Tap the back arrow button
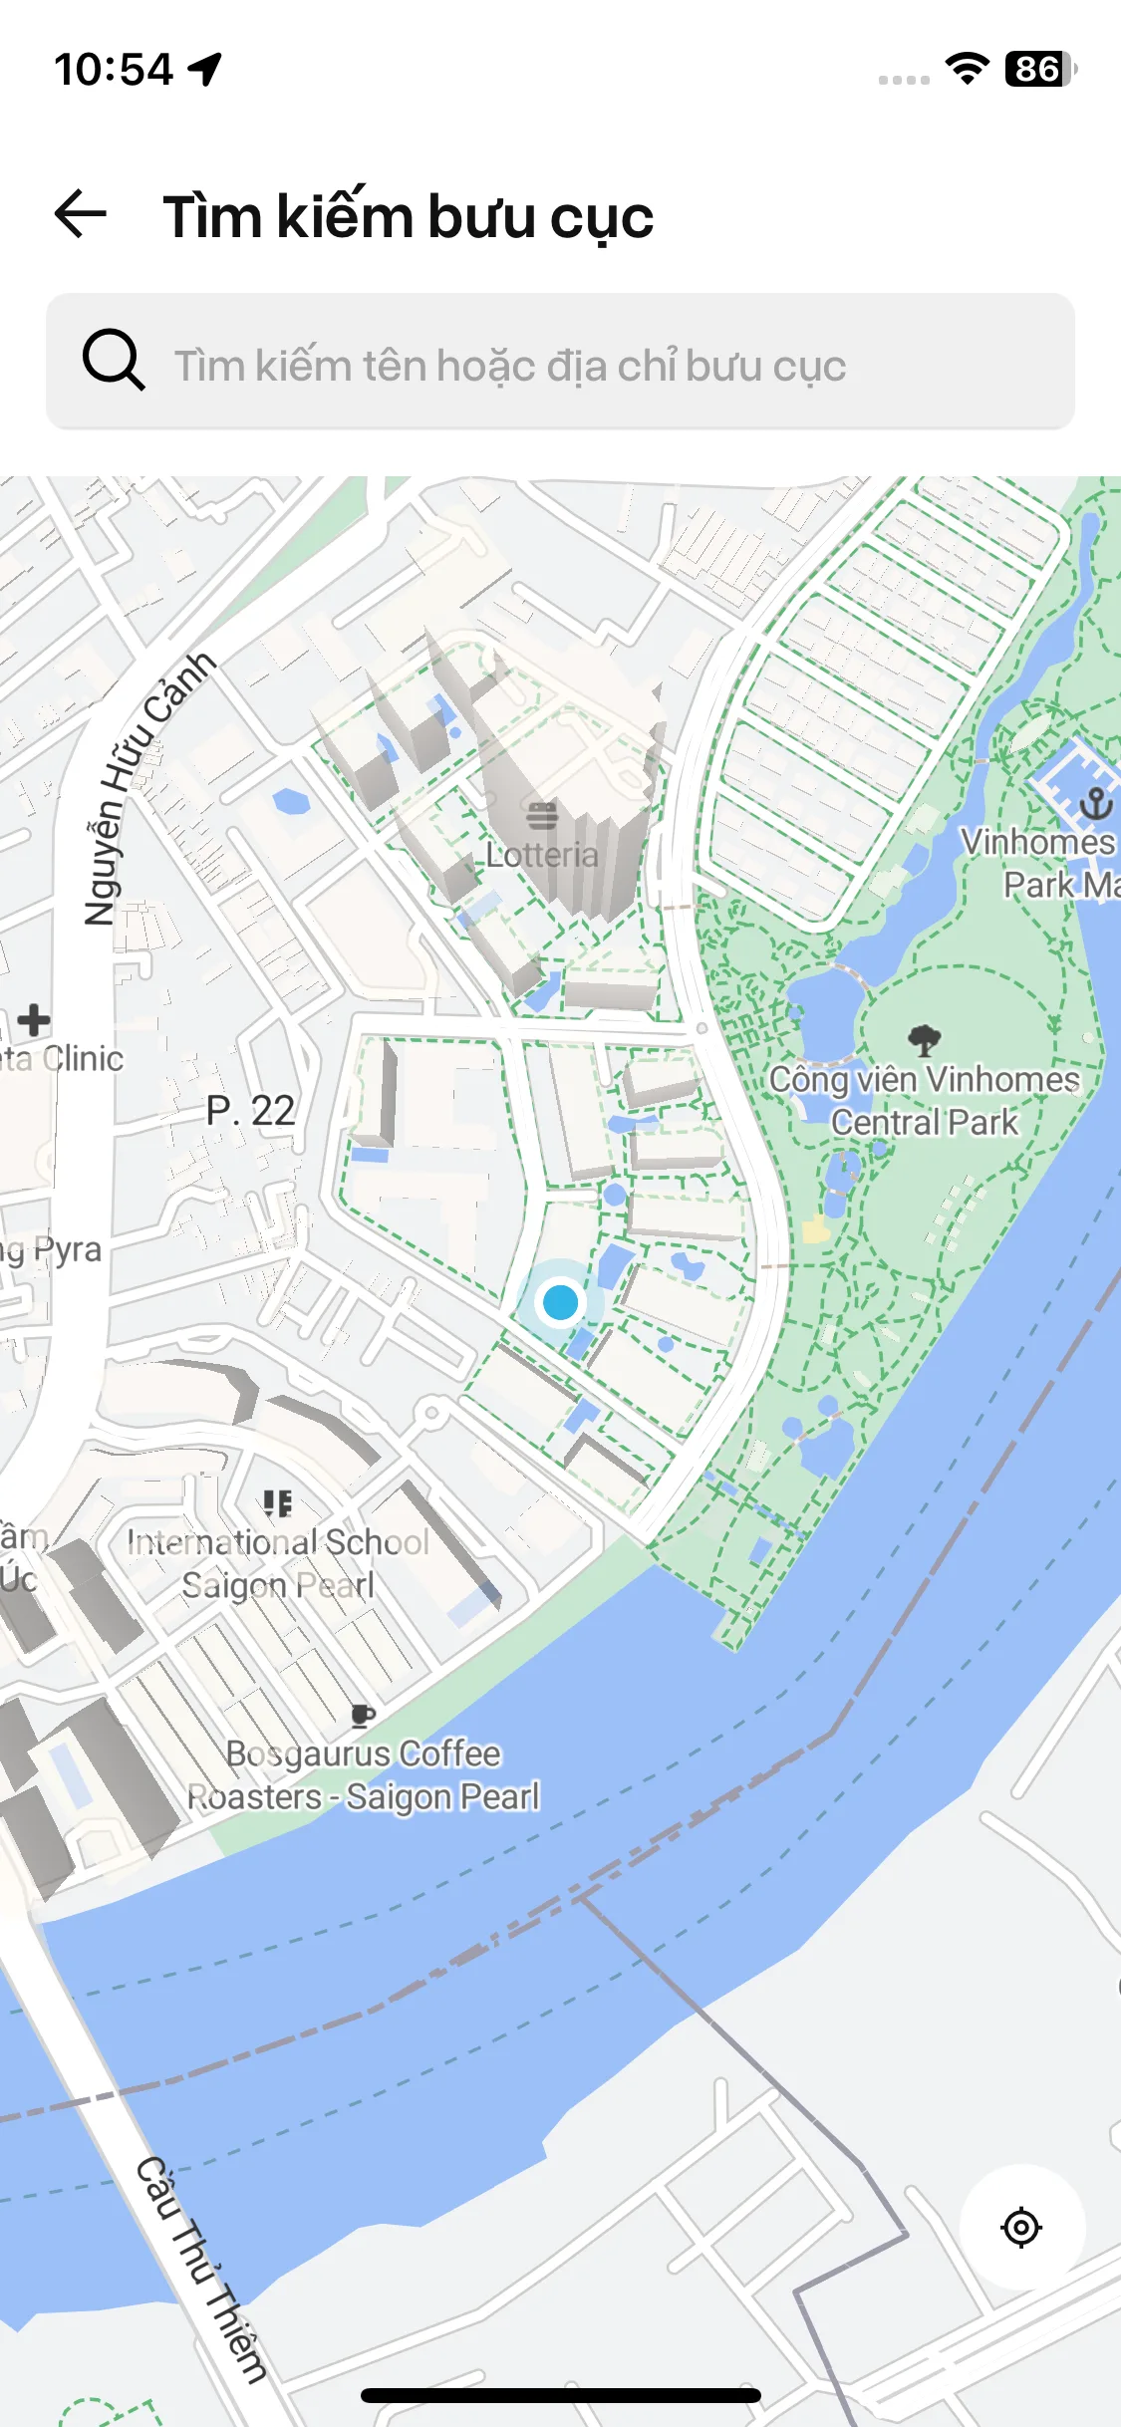point(81,214)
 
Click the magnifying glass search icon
point(113,360)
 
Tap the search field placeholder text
point(510,366)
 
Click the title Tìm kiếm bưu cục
point(409,216)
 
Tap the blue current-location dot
point(560,1302)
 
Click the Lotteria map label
point(542,855)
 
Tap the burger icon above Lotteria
point(542,816)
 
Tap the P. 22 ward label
point(250,1111)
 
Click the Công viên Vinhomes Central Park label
point(924,1101)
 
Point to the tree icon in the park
point(925,1040)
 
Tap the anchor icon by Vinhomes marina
point(1096,803)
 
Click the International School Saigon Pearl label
point(278,1563)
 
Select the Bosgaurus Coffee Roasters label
point(364,1775)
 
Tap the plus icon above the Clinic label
point(34,1020)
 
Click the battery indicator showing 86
point(1039,70)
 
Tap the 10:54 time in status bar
point(113,70)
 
